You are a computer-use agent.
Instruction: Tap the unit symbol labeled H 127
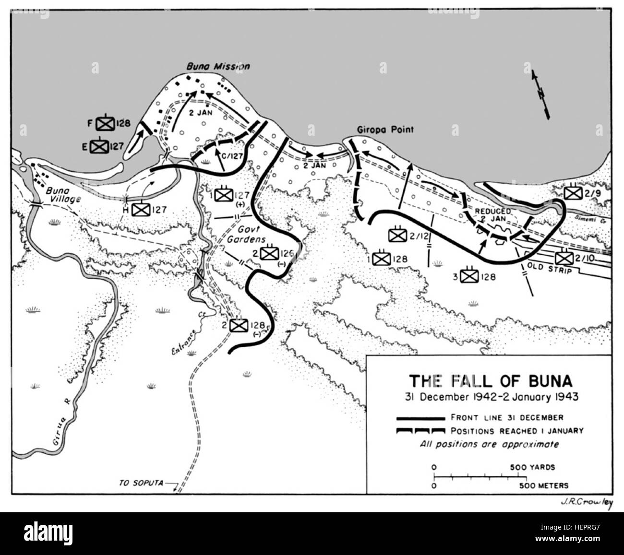[141, 209]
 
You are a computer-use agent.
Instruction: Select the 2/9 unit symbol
[572, 193]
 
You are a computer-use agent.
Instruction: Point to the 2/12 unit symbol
[397, 234]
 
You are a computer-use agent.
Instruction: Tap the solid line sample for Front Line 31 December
[420, 418]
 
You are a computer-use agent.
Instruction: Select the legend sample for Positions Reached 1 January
[420, 431]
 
